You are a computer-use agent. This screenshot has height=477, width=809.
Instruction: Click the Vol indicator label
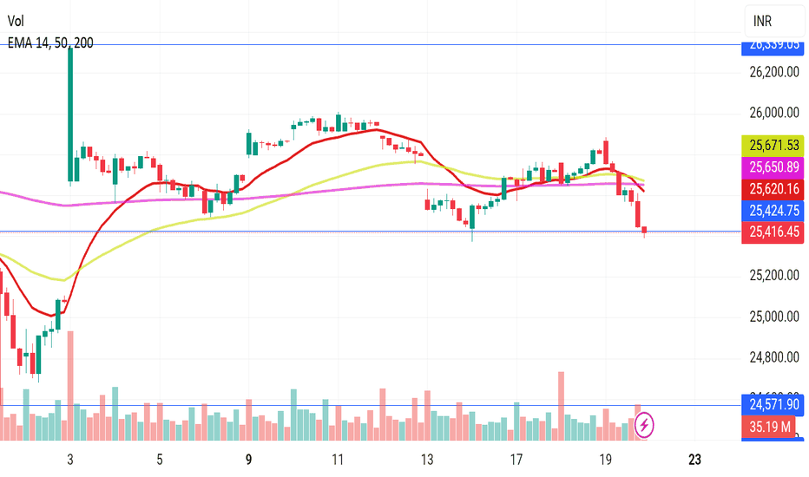coord(16,22)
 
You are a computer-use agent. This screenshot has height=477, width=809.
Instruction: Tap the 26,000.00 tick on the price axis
coord(774,113)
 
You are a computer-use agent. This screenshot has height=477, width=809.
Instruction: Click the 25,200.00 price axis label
coord(774,276)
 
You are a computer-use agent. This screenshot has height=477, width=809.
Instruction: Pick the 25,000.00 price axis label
coord(774,317)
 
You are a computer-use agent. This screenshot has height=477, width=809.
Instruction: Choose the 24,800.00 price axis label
coord(774,357)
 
